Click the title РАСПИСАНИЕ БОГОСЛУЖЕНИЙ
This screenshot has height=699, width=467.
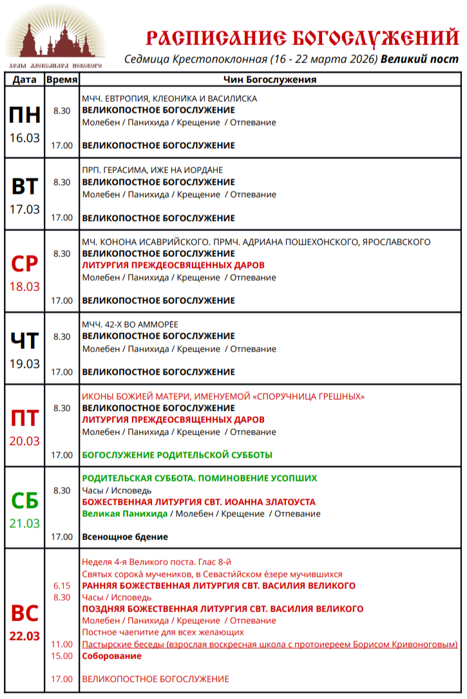[x=302, y=38]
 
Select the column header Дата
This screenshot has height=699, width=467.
[x=24, y=80]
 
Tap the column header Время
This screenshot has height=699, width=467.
[x=62, y=80]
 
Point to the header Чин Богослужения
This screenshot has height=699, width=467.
[x=271, y=80]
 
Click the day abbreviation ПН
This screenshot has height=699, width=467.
[x=24, y=115]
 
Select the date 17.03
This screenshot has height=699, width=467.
[x=24, y=209]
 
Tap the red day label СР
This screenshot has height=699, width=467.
[x=24, y=264]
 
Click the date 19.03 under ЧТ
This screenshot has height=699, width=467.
[x=24, y=364]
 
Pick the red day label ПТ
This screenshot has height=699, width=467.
[x=24, y=418]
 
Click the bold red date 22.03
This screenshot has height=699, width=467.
[x=24, y=636]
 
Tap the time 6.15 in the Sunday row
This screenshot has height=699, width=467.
[x=62, y=586]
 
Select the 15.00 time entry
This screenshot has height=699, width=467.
[x=62, y=656]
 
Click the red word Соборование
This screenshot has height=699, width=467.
[x=111, y=656]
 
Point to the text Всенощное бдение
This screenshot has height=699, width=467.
[x=125, y=537]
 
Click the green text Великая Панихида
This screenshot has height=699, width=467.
[x=124, y=514]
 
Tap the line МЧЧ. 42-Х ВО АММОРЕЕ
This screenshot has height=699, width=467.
[x=130, y=324]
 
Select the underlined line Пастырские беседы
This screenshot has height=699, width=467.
[x=270, y=644]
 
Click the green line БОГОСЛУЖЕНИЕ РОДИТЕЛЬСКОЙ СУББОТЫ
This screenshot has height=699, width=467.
[x=177, y=455]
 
